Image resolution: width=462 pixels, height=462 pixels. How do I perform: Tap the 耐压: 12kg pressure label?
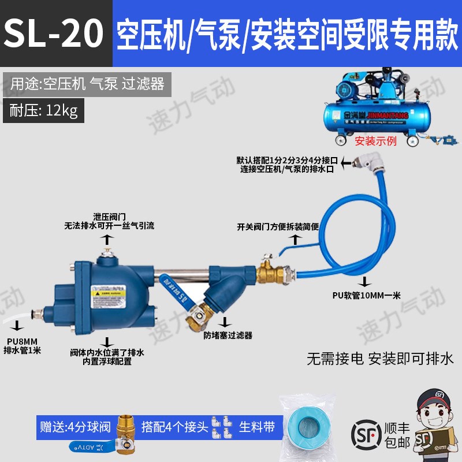click(x=43, y=110)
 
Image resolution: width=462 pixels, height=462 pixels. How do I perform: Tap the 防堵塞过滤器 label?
click(x=228, y=335)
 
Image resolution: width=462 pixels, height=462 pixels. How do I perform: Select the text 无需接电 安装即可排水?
click(x=381, y=358)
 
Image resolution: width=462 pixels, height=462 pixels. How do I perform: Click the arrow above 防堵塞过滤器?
click(x=226, y=321)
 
